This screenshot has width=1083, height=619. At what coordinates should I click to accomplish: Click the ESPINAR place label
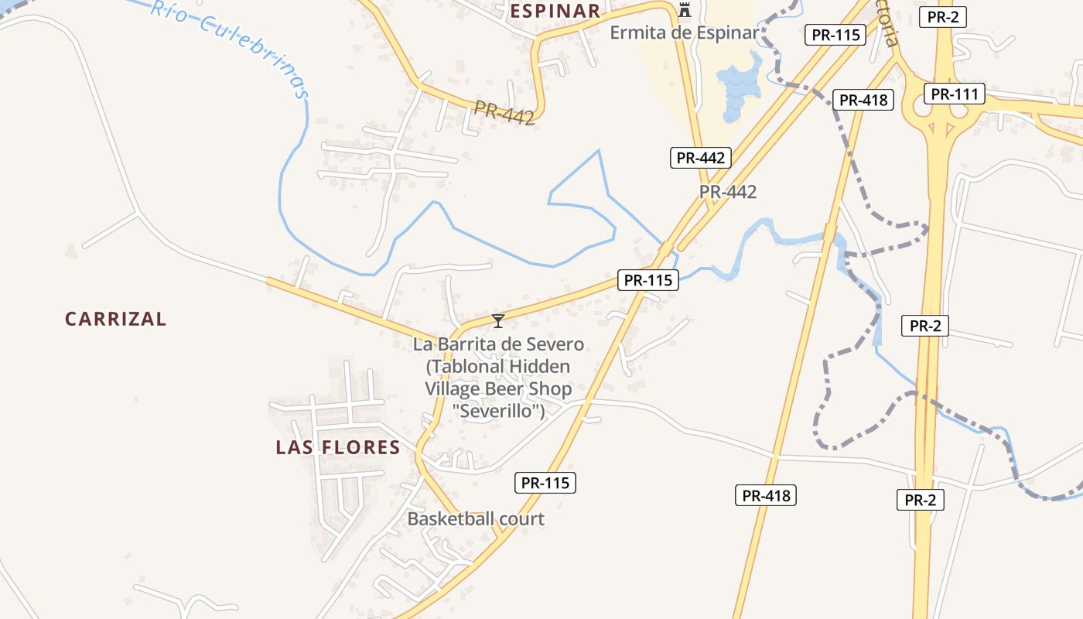click(555, 11)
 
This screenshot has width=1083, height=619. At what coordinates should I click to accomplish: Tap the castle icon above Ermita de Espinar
click(684, 10)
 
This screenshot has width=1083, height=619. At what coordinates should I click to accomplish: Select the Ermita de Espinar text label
click(685, 32)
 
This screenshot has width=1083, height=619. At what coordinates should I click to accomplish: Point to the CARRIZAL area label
click(115, 319)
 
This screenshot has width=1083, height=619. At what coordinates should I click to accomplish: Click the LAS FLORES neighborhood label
click(338, 447)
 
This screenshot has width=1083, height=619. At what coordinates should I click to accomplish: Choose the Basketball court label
click(476, 518)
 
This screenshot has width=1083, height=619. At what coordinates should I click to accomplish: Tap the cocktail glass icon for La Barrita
click(498, 320)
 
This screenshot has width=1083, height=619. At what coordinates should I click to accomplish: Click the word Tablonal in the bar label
click(468, 366)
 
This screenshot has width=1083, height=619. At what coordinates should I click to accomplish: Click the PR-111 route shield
click(955, 94)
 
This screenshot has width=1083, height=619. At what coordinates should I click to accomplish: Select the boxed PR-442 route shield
click(700, 158)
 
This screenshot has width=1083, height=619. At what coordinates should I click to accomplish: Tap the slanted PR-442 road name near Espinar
click(504, 114)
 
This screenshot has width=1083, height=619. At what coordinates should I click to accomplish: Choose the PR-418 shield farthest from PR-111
click(765, 496)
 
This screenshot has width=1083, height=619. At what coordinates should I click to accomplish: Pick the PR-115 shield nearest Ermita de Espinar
click(835, 35)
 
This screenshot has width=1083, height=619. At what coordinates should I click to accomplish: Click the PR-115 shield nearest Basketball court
click(545, 483)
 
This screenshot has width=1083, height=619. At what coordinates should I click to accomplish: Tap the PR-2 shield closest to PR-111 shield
click(943, 17)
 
